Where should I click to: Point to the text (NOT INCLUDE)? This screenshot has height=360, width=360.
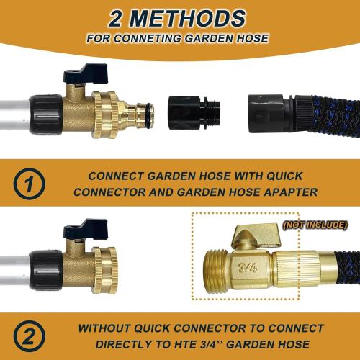(314, 225)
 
